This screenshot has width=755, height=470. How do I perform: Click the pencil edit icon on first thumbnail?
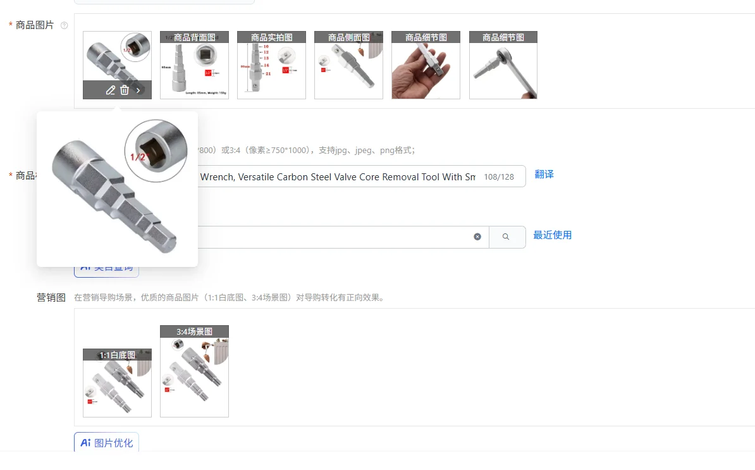(111, 90)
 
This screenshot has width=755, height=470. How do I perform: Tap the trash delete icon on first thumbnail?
(125, 90)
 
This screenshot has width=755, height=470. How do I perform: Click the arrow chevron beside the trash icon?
(138, 90)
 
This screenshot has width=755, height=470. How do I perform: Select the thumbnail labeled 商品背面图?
(194, 66)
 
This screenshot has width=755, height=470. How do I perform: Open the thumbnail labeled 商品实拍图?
(271, 66)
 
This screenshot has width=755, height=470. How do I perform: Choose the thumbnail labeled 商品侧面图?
(348, 66)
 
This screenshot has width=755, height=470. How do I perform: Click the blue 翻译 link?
(544, 175)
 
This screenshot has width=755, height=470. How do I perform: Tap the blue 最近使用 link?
(552, 235)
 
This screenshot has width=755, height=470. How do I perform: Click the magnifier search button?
(506, 237)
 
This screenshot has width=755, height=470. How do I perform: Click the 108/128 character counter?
(499, 177)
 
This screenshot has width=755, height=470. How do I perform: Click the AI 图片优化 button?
(106, 443)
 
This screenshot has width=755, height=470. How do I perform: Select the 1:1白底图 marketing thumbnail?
(117, 383)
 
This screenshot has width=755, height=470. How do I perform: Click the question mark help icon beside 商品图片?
(64, 25)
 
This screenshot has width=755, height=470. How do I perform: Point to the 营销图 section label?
(51, 297)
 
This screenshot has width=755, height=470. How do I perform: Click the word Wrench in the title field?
(217, 177)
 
